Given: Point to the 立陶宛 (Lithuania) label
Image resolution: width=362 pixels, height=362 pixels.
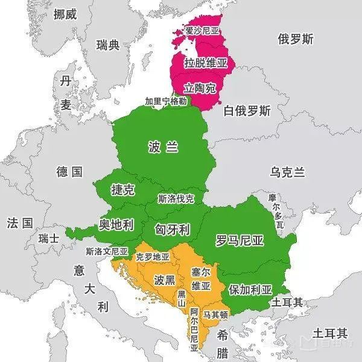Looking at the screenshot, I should (x=200, y=88).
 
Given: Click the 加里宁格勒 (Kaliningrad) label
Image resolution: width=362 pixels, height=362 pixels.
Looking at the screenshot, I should (x=171, y=101).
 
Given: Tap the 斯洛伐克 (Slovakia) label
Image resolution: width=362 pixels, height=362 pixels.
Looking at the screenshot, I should (x=176, y=198).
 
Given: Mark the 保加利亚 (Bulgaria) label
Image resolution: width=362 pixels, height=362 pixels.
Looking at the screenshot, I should (x=250, y=289).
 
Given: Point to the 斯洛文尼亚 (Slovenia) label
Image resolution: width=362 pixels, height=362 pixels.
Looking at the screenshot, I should (x=107, y=251).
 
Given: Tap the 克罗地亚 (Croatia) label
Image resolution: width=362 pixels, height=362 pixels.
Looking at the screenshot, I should (x=153, y=256).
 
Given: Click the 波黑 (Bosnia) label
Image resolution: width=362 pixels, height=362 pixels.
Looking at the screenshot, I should (x=164, y=280).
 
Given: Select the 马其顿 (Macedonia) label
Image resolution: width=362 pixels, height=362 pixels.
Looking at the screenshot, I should (x=215, y=314).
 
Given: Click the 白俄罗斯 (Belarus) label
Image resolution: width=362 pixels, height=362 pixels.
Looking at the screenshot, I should (x=247, y=111).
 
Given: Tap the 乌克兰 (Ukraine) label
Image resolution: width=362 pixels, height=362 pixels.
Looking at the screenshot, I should (x=288, y=173).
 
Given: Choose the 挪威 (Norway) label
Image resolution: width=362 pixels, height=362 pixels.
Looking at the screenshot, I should (x=65, y=14).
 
